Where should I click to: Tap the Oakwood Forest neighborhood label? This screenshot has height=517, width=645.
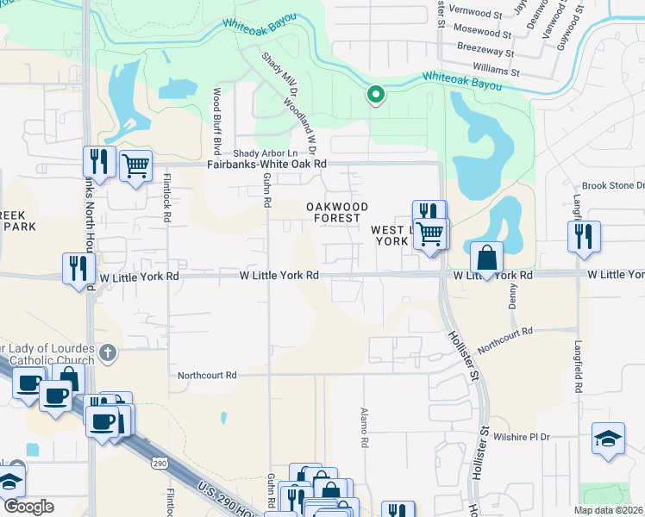pyautogui.click(x=338, y=212)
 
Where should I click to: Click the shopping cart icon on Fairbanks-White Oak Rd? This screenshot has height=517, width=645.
pyautogui.click(x=135, y=165)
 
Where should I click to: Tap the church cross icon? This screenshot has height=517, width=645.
pyautogui.click(x=107, y=352)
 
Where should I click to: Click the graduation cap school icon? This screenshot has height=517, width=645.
pyautogui.click(x=608, y=439)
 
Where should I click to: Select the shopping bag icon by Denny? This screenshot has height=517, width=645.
pyautogui.click(x=487, y=258)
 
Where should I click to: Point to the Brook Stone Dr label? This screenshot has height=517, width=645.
pyautogui.click(x=613, y=185)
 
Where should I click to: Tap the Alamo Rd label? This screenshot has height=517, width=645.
pyautogui.click(x=365, y=427)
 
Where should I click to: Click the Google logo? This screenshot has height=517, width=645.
pyautogui.click(x=28, y=507)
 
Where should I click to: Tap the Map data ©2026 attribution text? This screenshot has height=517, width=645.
pyautogui.click(x=608, y=510)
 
